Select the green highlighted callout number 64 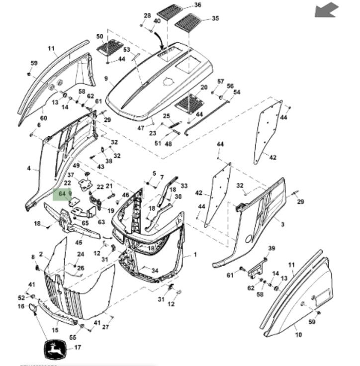tap(63, 193)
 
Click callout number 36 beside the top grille tap(198, 5)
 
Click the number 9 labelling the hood tap(106, 79)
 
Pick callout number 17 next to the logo tap(77, 348)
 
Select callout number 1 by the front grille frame tap(195, 255)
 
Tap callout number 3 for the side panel tap(282, 225)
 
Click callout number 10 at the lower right tap(298, 335)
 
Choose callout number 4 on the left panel tap(29, 169)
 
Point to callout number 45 tap(79, 242)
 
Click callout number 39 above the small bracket tap(271, 248)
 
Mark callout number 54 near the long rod tap(237, 92)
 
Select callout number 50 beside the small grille tap(99, 37)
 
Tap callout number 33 tap(184, 186)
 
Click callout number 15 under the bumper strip tap(55, 329)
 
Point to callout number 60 tap(43, 118)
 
